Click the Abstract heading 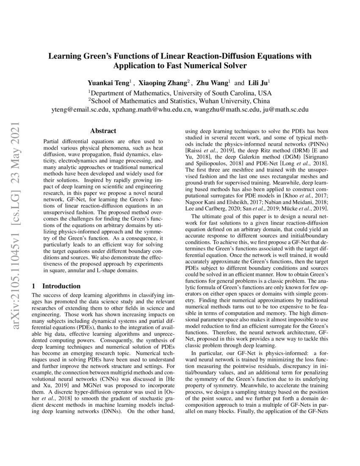(103, 132)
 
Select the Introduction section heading (61, 286)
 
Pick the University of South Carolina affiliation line (180, 92)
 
